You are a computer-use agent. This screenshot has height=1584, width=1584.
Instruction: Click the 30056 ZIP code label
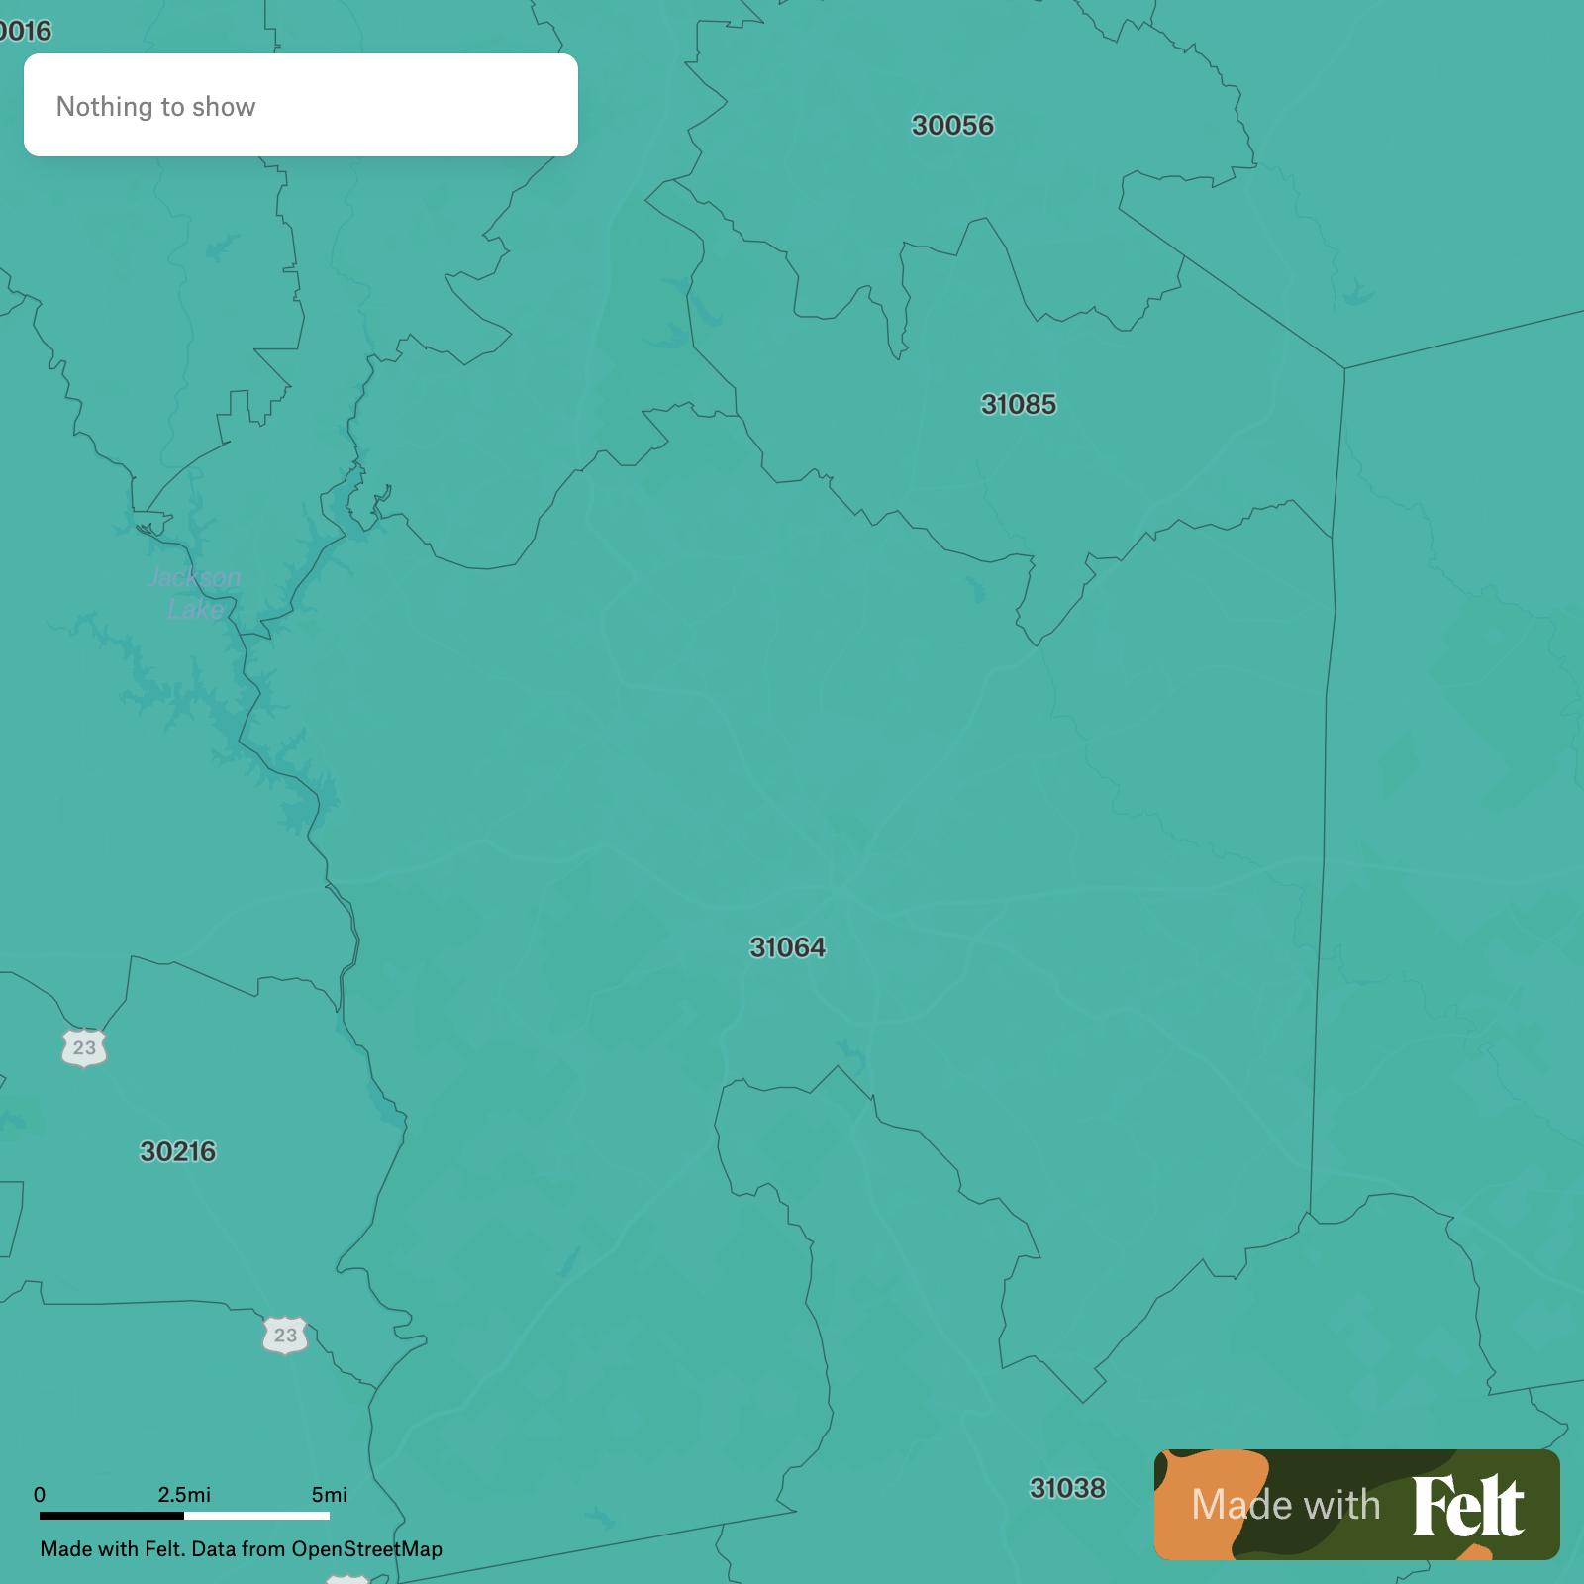pos(952,126)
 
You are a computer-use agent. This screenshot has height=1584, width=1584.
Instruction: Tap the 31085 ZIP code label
pos(1018,405)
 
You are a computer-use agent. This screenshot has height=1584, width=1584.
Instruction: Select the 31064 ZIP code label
pos(787,948)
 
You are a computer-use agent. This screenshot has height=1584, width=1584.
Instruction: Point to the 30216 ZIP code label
pos(177,1152)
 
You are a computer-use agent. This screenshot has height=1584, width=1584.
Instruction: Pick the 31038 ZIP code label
pos(1066,1489)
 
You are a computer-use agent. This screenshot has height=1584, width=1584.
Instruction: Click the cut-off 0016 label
pos(24,32)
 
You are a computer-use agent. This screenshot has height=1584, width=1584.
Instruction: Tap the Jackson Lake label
pos(194,592)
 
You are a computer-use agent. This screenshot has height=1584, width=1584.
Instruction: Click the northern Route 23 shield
pos(84,1047)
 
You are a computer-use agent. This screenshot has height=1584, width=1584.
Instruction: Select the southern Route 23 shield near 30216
pos(285,1336)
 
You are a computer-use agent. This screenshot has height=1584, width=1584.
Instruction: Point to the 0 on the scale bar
pos(40,1495)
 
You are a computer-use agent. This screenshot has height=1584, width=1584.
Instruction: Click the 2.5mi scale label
pos(184,1495)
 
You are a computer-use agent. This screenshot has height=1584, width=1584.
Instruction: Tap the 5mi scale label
pos(329,1495)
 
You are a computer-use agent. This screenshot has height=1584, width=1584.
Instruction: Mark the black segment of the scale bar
pos(112,1515)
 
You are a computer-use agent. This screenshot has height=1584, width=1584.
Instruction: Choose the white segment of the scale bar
pos(256,1515)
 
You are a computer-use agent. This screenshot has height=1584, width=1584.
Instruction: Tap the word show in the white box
pos(228,107)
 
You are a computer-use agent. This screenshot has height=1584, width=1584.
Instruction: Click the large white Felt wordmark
pos(1467,1506)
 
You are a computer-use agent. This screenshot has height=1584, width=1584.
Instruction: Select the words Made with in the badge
pos(1285,1506)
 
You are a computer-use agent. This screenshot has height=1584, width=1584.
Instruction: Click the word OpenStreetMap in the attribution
pos(366,1549)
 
